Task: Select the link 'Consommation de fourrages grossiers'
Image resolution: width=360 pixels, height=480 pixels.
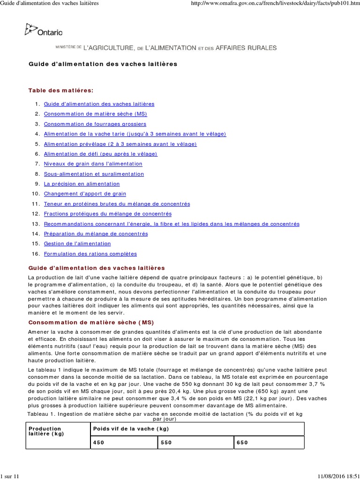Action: pyautogui.click(x=95, y=124)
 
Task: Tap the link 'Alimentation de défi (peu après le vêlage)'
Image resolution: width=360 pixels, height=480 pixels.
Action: pyautogui.click(x=100, y=154)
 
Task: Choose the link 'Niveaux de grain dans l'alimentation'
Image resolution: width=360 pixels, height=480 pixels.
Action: pyautogui.click(x=93, y=164)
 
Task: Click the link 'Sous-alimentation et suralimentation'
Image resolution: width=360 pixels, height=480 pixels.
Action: pyautogui.click(x=94, y=174)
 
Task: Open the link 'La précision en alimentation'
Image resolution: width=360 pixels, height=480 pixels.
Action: pyautogui.click(x=82, y=184)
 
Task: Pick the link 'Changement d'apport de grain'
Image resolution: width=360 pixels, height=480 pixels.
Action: pyautogui.click(x=85, y=194)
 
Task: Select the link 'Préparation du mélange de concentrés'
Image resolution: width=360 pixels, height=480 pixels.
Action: pyautogui.click(x=96, y=233)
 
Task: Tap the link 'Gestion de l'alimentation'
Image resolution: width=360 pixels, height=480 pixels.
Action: pyautogui.click(x=77, y=244)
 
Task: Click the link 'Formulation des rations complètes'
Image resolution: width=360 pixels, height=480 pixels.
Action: pyautogui.click(x=90, y=254)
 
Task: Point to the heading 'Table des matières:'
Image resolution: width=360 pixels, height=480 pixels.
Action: pyautogui.click(x=61, y=90)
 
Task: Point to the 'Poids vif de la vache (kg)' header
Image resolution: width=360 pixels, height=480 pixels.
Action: pyautogui.click(x=131, y=429)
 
